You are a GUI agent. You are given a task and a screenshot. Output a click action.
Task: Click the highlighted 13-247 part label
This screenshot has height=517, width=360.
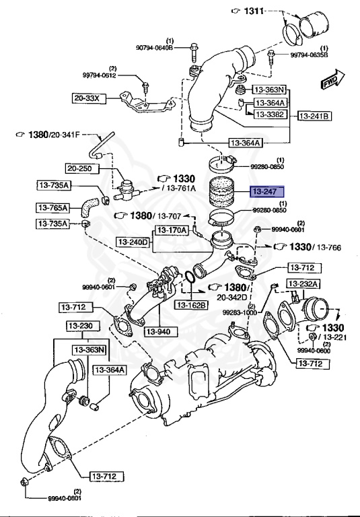(x=268, y=192)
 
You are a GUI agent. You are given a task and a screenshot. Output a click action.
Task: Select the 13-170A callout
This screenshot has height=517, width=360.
(x=173, y=230)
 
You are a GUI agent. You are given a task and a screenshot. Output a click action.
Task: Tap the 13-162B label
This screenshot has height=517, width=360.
(x=192, y=305)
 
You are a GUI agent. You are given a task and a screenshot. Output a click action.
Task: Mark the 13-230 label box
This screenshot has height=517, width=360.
(x=82, y=326)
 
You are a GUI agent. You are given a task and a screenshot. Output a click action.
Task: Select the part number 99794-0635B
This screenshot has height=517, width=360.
(x=309, y=55)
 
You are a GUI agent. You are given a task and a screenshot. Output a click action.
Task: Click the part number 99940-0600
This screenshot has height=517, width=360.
(x=314, y=350)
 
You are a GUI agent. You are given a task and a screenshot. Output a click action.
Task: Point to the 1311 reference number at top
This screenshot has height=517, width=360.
(x=255, y=12)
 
